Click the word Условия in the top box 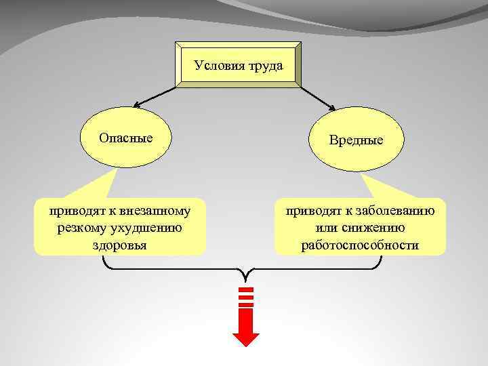[x=216, y=66]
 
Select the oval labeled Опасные [x=125, y=138]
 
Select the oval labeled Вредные [x=356, y=140]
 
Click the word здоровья [x=119, y=245]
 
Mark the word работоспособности [x=361, y=245]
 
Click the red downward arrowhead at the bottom [x=246, y=340]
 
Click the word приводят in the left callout [x=71, y=211]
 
